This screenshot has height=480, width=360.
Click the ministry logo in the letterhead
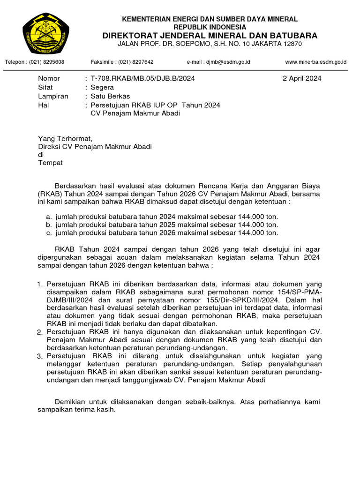click(46, 34)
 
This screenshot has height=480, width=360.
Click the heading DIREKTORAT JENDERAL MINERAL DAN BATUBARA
click(210, 36)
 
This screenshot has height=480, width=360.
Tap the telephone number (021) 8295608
click(47, 62)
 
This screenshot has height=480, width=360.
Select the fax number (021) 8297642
click(136, 62)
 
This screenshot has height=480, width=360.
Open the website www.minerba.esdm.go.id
click(316, 62)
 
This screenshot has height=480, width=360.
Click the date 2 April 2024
click(302, 78)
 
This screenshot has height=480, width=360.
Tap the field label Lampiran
click(53, 96)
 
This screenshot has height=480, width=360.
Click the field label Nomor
click(49, 78)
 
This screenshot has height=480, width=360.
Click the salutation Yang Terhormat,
click(65, 138)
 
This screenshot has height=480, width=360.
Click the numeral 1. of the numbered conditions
click(40, 284)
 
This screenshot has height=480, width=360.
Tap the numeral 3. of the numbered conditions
click(40, 357)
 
